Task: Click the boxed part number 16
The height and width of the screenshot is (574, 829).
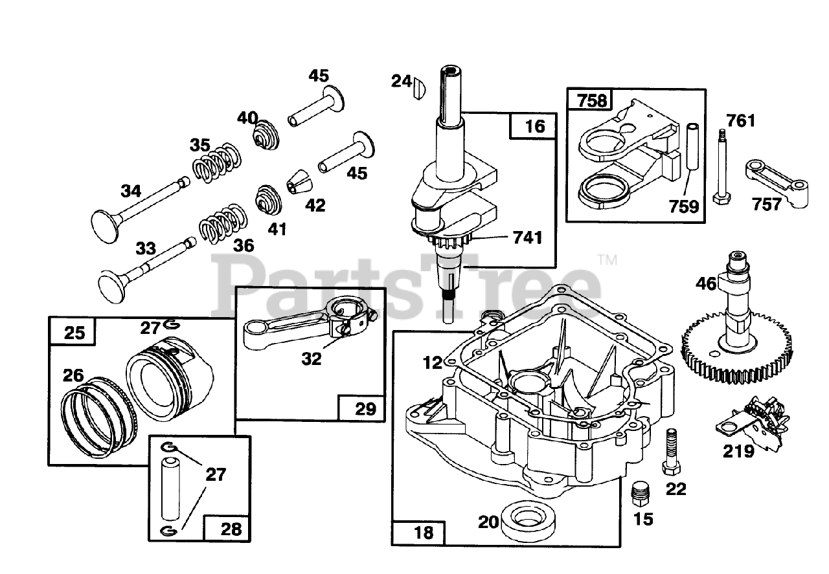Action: pyautogui.click(x=534, y=126)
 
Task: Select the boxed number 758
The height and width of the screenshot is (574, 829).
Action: pyautogui.click(x=591, y=100)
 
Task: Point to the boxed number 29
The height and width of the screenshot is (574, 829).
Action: pyautogui.click(x=365, y=409)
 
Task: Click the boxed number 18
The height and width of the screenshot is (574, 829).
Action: pyautogui.click(x=424, y=533)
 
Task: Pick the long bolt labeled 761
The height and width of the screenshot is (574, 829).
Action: pyautogui.click(x=721, y=166)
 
